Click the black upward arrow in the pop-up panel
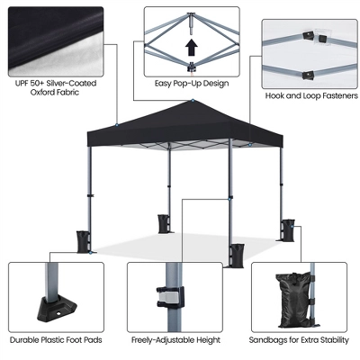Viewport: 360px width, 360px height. (191, 48)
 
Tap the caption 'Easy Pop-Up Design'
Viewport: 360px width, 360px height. (192, 84)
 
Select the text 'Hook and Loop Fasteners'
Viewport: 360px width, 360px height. (311, 96)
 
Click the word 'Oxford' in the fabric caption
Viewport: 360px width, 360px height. (42, 92)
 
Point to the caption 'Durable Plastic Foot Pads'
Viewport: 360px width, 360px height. (56, 340)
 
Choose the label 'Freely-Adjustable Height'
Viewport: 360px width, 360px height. (175, 340)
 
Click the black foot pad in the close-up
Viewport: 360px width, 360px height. (57, 308)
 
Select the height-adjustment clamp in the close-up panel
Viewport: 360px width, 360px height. (170, 297)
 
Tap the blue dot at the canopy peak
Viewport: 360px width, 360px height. (193, 100)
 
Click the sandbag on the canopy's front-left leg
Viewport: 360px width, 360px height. (83, 242)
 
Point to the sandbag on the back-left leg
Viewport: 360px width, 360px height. (164, 224)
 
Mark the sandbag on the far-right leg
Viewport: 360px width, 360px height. (288, 230)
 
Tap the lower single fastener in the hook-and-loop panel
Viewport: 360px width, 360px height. (308, 75)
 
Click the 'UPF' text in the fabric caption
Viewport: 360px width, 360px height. (22, 83)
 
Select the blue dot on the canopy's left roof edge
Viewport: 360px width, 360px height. (116, 124)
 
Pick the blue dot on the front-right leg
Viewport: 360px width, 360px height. (229, 199)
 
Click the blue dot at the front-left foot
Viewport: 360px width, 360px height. (90, 253)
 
